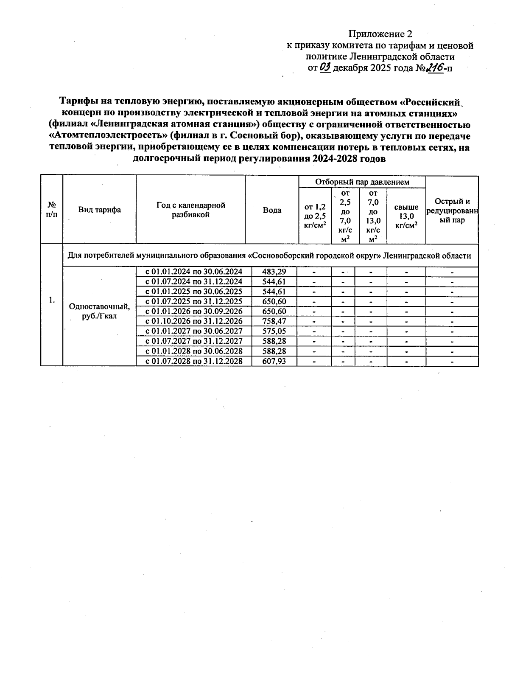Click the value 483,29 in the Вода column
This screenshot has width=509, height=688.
(x=274, y=272)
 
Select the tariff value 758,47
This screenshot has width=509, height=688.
(x=274, y=321)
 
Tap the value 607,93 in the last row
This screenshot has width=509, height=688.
(x=274, y=361)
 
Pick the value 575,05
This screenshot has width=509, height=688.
(x=274, y=331)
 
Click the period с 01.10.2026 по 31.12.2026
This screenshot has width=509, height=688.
(x=194, y=321)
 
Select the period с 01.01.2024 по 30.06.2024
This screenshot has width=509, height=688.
(x=194, y=272)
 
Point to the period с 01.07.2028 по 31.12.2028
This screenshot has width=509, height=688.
(x=194, y=361)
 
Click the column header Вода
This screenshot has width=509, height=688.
(x=272, y=210)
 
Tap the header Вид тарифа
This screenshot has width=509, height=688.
(x=99, y=210)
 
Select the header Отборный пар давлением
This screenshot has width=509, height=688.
(x=362, y=182)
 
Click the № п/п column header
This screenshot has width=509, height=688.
(x=51, y=210)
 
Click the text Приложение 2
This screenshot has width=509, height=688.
(x=380, y=34)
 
